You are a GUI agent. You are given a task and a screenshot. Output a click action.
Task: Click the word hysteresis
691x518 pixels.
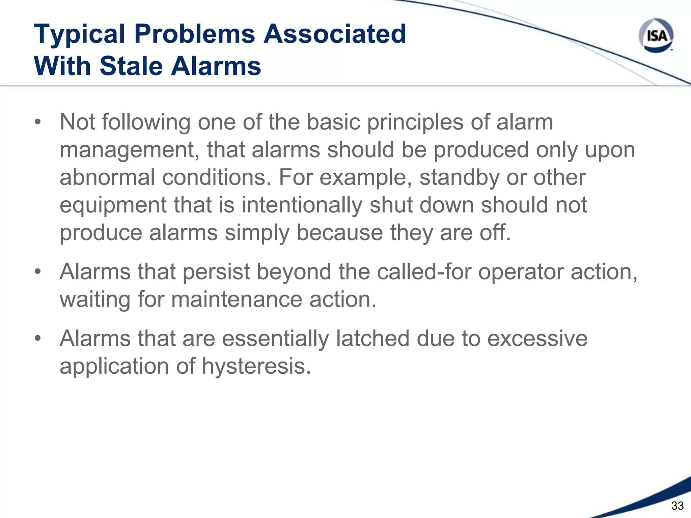pos(256,366)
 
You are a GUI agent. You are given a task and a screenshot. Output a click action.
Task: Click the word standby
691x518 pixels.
pos(459,178)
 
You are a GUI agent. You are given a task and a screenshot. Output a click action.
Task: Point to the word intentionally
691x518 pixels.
pos(302,205)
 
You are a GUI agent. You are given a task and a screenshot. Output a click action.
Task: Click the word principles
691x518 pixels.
pos(415,122)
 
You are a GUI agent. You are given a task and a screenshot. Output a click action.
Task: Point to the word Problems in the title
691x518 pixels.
pos(195,34)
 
